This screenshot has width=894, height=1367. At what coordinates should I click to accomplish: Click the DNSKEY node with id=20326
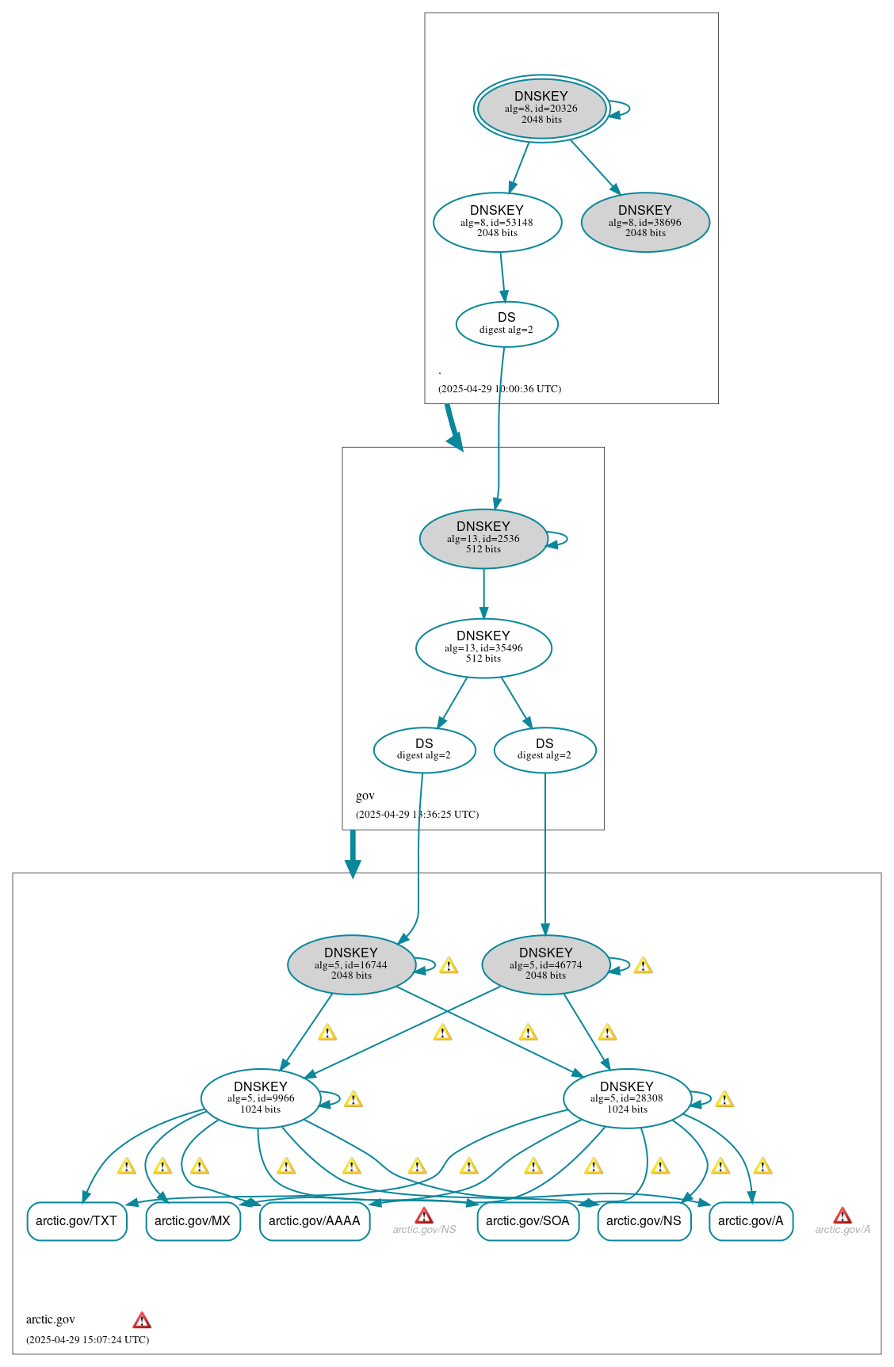pos(541,109)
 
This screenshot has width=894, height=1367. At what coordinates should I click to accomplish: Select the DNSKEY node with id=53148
pos(497,222)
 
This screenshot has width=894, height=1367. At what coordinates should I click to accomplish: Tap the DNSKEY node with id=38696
pos(645,222)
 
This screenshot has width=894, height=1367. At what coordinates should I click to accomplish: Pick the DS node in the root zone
pos(506,323)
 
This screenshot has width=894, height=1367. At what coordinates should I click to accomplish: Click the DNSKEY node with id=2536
pos(483,538)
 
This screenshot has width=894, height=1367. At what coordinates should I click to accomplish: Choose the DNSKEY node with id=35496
pos(483,647)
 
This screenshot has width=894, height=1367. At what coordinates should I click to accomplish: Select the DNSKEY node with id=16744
pos(351,964)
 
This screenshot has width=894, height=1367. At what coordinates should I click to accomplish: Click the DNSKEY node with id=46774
pos(545,964)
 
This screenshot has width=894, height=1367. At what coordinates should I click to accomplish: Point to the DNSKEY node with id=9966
pos(261,1098)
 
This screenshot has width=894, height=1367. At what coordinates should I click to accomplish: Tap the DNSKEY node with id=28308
pos(627,1098)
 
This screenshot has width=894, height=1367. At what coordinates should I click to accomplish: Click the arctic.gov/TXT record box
pos(77,1221)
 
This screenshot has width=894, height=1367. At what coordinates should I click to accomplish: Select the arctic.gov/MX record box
pos(193,1221)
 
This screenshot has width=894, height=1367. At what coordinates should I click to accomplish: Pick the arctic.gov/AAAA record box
pos(315,1221)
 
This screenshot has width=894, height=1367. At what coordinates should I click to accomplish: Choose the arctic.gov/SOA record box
pos(528,1221)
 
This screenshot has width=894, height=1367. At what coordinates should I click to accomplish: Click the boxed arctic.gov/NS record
pos(644,1221)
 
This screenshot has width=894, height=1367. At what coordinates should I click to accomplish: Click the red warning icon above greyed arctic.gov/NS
pos(424,1216)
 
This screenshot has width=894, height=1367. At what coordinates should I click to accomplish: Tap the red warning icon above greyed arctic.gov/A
pos(842,1216)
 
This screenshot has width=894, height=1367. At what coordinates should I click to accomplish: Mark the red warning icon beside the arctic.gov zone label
pos(142,1319)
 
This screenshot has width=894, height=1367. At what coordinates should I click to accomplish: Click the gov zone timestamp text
pos(417,814)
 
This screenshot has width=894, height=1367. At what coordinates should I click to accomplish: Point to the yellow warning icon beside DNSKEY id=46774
pos(644,965)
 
